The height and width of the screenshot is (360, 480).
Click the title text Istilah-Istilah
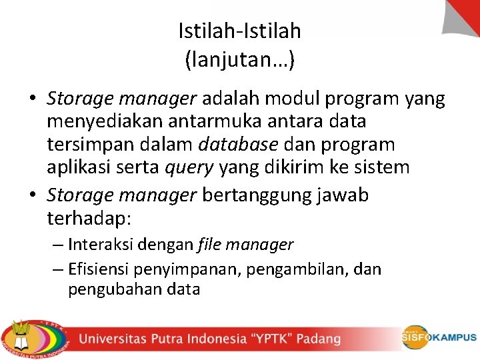[x=240, y=31]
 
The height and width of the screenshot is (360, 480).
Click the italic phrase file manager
[x=245, y=245]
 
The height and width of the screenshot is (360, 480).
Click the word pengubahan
[x=108, y=289]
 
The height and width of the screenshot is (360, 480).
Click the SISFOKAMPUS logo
[x=439, y=337]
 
